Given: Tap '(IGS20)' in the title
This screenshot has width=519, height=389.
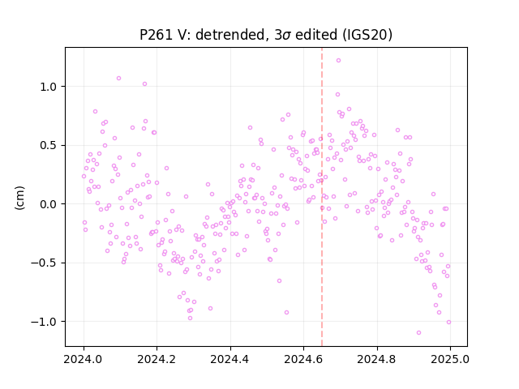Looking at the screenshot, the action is [367, 35].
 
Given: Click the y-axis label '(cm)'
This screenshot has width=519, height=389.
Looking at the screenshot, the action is [19, 198].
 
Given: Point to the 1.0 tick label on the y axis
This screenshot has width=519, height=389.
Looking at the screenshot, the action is [49, 87].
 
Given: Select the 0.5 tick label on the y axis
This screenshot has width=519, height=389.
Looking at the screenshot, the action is [49, 146].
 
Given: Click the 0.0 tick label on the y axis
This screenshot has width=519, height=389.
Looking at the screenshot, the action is [49, 204].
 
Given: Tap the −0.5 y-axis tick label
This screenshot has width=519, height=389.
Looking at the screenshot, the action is [45, 263].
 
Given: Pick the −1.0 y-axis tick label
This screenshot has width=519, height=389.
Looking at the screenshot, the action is [45, 322].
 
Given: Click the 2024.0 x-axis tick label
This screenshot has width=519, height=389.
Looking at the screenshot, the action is [84, 359].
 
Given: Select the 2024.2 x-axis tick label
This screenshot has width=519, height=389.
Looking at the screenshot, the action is [157, 359].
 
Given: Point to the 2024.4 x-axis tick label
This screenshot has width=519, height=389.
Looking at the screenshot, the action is [230, 359].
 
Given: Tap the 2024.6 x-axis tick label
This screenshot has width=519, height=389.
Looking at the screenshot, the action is [303, 359].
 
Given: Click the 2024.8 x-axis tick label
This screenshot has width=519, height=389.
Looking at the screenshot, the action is [376, 359].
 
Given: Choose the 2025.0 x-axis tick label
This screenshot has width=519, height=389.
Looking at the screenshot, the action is [450, 359].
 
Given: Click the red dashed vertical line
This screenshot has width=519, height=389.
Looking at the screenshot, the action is [322, 197].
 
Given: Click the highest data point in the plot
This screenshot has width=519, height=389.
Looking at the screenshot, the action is [338, 61].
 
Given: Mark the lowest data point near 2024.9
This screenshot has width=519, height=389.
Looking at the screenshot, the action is [418, 332].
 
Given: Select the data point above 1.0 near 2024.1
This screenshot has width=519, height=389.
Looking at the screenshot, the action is [118, 79].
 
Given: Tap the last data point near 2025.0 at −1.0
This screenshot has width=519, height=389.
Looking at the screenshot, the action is [448, 323].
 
